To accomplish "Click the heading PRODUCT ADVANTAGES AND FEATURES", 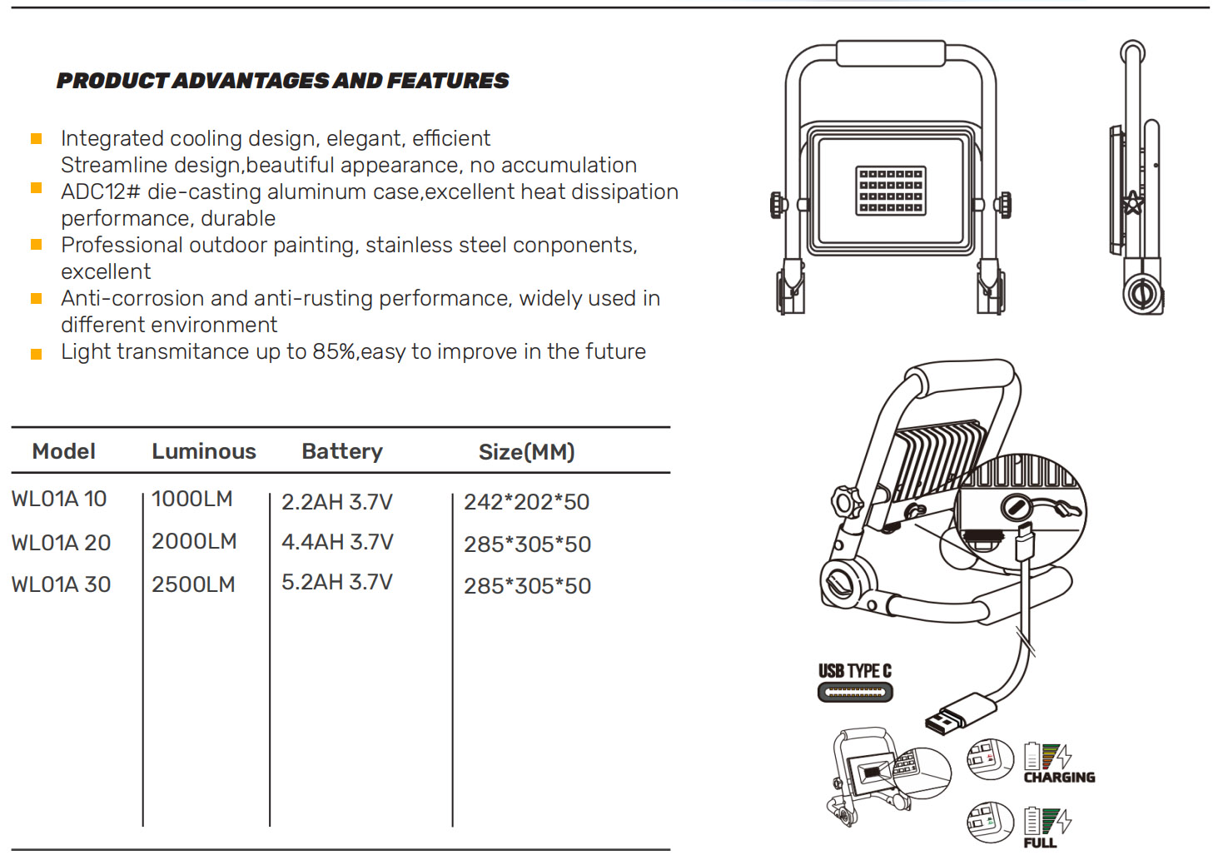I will (x=282, y=81).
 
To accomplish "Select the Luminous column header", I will (x=203, y=451).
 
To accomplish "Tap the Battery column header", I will (x=341, y=451).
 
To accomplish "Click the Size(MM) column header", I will (x=526, y=452).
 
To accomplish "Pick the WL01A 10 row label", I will (x=58, y=499).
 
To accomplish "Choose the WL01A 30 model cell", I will (x=61, y=584).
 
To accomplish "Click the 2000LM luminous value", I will (x=194, y=541).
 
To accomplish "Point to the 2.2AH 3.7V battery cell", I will (x=336, y=502).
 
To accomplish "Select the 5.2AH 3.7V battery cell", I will (x=336, y=582).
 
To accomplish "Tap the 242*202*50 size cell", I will (x=526, y=502).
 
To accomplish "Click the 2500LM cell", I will (x=193, y=584).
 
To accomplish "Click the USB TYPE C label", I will (x=854, y=671).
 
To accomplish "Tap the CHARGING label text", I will (x=1059, y=778).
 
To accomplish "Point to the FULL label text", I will (x=1040, y=843).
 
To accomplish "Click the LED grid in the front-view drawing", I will (x=890, y=191).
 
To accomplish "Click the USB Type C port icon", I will (x=854, y=692).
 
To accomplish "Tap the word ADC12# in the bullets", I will (x=100, y=191).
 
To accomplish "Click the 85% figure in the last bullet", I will (x=334, y=352).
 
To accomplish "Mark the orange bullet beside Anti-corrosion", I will (x=37, y=298).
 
